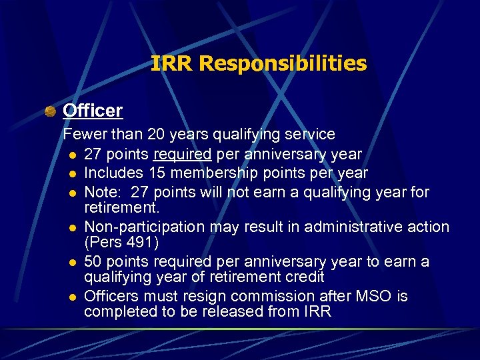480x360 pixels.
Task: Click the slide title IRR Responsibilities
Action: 259,63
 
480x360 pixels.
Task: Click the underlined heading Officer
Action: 93,110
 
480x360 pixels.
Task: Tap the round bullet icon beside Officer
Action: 50,111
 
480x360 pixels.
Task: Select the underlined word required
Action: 182,155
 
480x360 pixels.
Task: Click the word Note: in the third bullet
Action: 103,193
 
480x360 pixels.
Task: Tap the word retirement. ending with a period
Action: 121,208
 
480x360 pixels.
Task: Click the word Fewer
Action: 83,135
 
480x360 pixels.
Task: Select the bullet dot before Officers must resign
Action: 70,297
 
